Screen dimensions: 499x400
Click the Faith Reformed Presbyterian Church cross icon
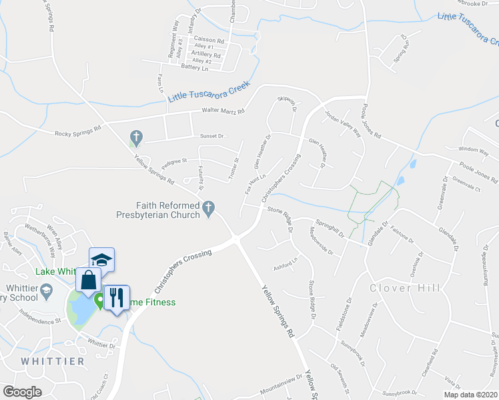coord(209,209)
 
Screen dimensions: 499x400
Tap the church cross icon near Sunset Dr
coord(137,138)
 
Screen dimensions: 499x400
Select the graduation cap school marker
coord(101,259)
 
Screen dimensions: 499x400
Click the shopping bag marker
coord(89,280)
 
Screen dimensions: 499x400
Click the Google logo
coord(22,392)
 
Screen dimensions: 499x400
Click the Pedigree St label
coord(174,161)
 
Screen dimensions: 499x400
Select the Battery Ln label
coord(195,68)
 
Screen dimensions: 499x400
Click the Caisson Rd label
coord(209,40)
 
